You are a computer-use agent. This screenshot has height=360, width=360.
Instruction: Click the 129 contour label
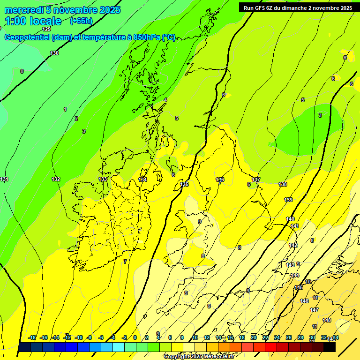[46, 30]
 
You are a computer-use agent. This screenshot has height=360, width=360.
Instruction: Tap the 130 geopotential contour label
[55, 53]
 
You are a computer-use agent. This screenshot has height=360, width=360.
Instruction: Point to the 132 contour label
[56, 179]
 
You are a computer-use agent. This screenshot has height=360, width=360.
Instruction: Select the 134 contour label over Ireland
[142, 180]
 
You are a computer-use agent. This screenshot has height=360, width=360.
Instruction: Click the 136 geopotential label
[220, 180]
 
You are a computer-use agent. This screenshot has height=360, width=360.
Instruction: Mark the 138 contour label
[283, 184]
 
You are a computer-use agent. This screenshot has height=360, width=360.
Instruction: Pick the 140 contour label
[290, 219]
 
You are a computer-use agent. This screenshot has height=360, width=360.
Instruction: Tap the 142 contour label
[293, 245]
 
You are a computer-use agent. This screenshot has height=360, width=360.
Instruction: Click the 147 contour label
[314, 310]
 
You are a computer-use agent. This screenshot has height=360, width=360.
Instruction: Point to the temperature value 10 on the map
[308, 282]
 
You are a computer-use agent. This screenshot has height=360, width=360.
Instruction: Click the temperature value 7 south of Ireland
[125, 262]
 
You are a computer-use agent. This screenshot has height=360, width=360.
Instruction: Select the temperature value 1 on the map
[65, 109]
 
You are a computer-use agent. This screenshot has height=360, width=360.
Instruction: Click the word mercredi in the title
[24, 10]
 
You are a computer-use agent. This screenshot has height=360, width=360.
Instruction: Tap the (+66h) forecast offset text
[81, 21]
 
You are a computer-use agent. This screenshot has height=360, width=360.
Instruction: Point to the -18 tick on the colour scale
[32, 337]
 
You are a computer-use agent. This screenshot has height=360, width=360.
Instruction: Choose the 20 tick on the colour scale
[254, 337]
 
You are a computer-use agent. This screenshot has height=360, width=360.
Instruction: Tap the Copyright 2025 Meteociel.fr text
[199, 356]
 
